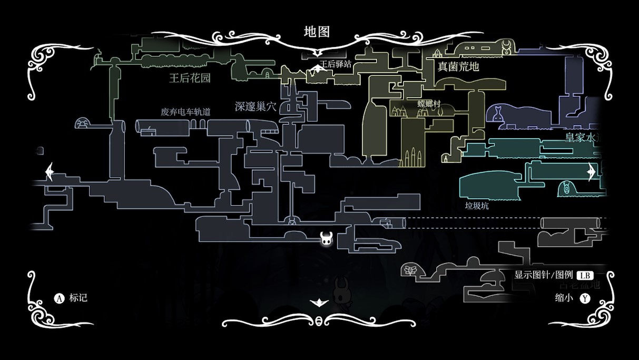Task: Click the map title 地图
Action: coord(317,32)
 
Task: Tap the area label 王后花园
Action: coord(190,79)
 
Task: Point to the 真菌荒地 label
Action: coord(458,66)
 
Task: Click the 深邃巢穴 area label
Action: coord(255,106)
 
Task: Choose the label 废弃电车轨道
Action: coord(185,112)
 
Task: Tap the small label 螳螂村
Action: coord(428,103)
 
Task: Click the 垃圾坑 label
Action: coord(477,206)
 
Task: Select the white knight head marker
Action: coord(327,239)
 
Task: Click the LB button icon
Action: coord(585,275)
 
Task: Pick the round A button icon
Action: coord(60,298)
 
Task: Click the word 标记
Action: coord(78,298)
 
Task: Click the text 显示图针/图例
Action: coord(543,275)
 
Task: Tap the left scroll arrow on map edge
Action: coord(50,172)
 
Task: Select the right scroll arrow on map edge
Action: coord(591,172)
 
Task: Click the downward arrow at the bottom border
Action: coord(319,303)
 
